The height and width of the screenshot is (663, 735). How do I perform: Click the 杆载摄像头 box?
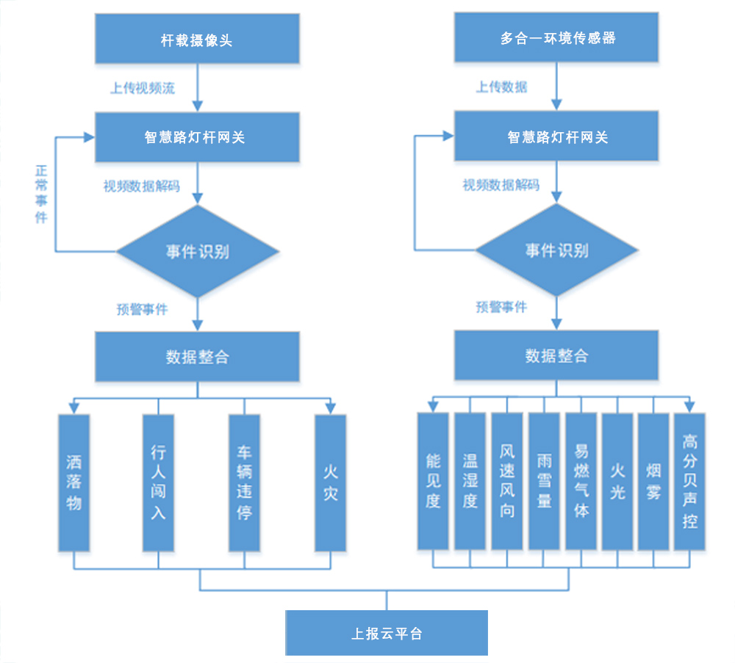pos(197,40)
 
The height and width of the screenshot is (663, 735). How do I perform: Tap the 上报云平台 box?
pos(387,633)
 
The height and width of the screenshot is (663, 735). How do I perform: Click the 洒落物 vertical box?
pos(73,482)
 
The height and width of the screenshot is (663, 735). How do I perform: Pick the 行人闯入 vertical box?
pos(158,482)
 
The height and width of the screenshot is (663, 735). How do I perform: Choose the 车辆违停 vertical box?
pos(244,482)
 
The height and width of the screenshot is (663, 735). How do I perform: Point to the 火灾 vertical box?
pos(330,482)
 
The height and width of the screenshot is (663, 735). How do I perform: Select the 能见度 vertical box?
pos(433,481)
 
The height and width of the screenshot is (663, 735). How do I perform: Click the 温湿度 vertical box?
pos(470,481)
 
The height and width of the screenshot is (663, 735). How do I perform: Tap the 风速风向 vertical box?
pos(507,481)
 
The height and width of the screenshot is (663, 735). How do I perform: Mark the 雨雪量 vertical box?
pos(544,481)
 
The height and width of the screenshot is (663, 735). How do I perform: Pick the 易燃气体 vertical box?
pos(581,481)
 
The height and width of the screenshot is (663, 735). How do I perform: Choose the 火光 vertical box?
pos(617,481)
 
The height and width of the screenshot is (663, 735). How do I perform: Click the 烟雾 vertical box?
pos(653,481)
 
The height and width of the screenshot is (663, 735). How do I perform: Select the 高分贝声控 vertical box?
pos(689,481)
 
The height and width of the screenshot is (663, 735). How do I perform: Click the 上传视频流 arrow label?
pos(143,88)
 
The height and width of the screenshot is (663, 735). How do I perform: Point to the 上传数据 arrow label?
pos(502,87)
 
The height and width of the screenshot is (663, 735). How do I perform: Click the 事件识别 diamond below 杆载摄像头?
pos(197,251)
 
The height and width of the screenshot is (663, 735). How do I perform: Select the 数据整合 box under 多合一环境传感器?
pos(556,356)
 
